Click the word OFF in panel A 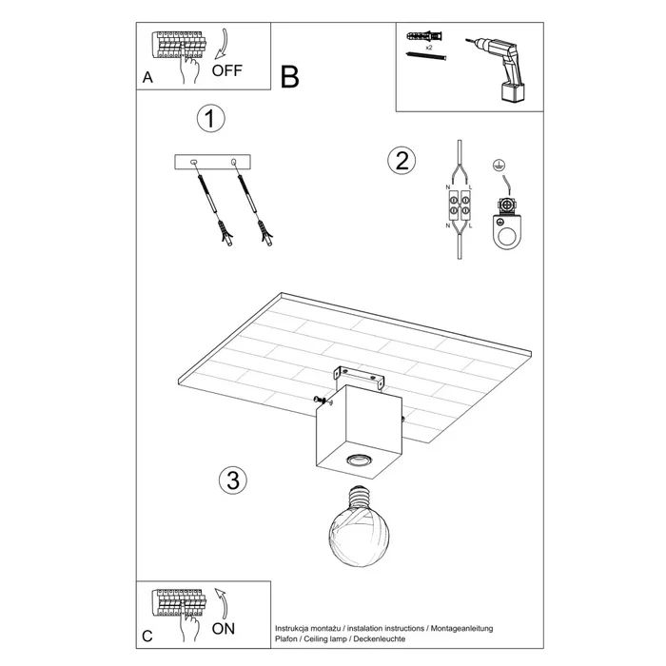point(228,70)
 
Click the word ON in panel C point(225,628)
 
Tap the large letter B point(290,77)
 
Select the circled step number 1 point(210,119)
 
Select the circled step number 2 point(402,160)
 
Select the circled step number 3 point(229,480)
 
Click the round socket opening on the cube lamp point(359,460)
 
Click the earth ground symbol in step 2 point(497,166)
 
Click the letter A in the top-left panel point(147,79)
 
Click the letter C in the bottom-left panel point(147,636)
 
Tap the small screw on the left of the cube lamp point(317,399)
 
